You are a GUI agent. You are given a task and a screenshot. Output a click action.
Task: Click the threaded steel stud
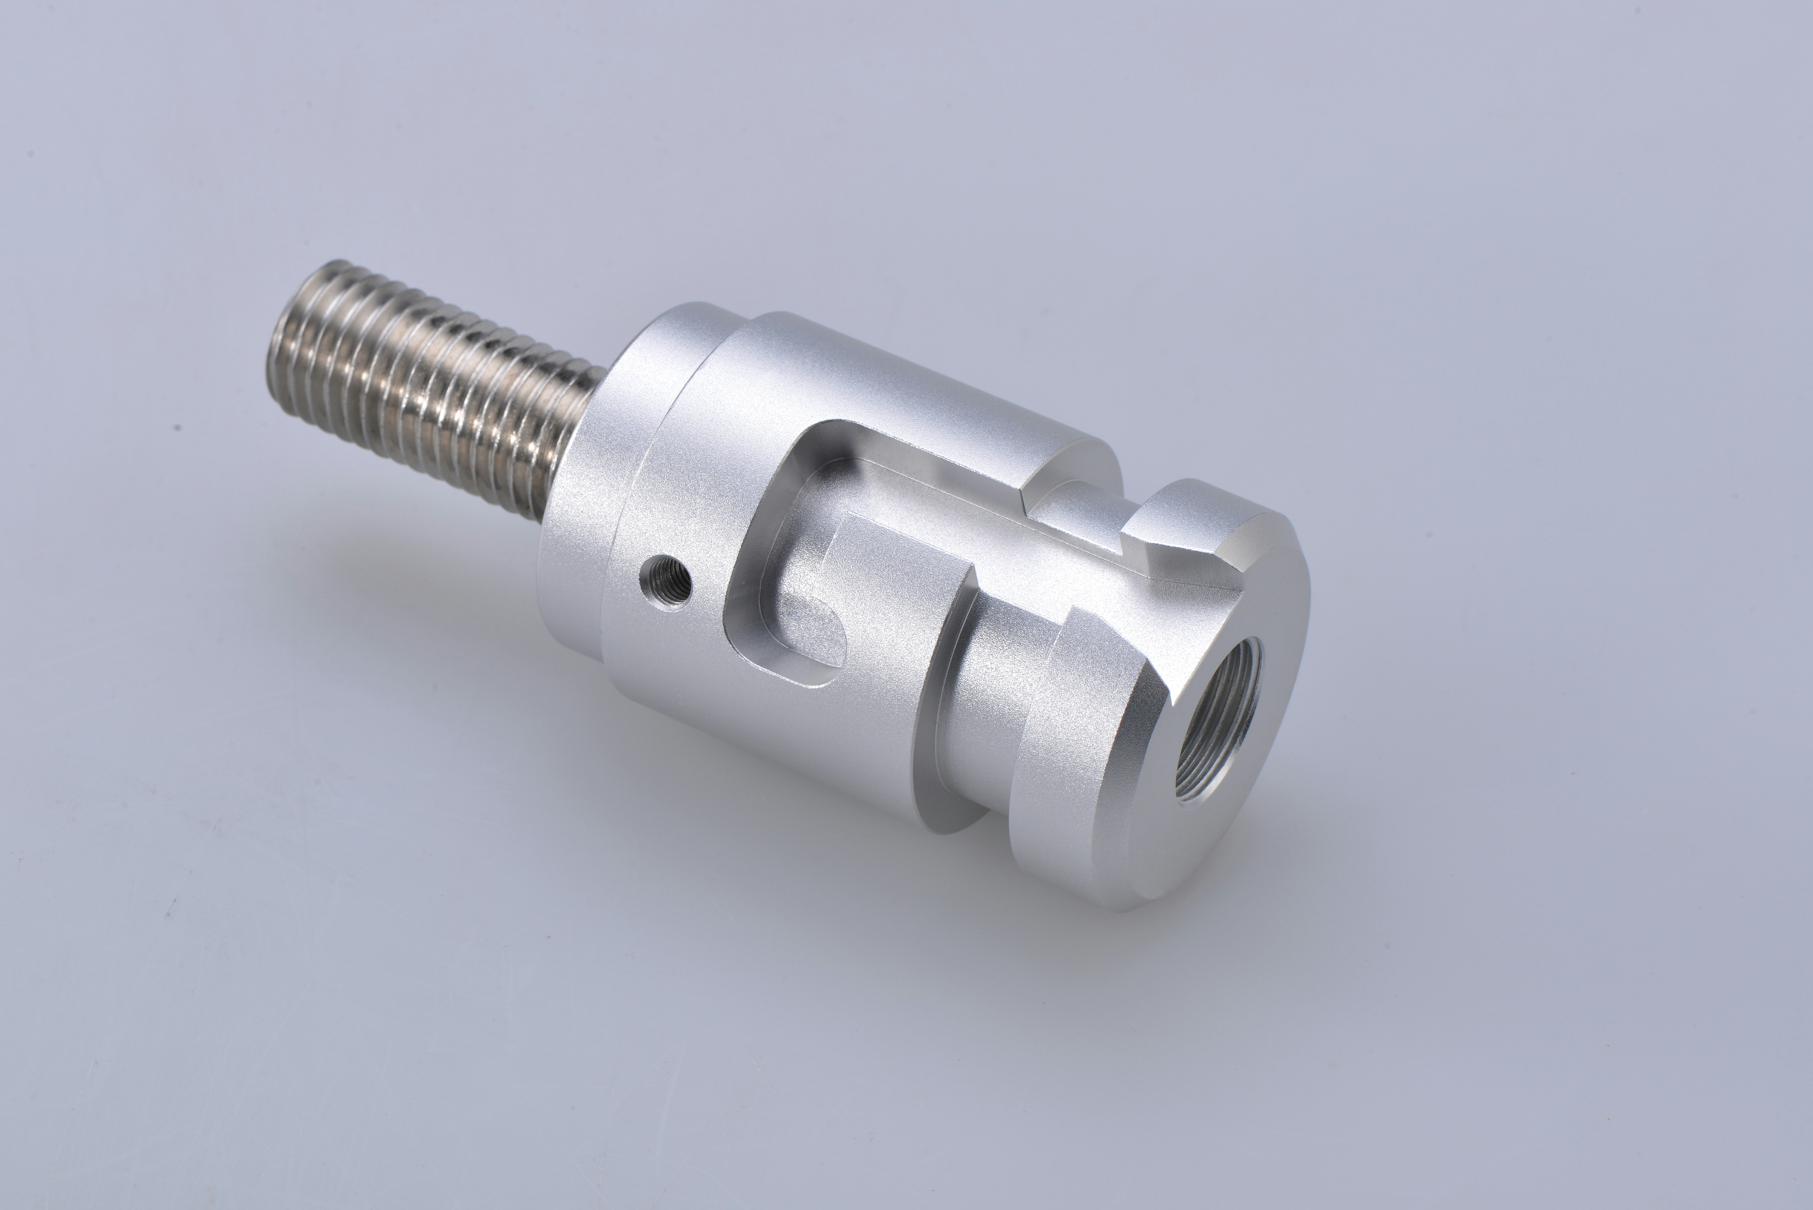click(432, 386)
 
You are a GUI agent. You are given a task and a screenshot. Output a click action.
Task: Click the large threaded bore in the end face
click(1219, 722)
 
